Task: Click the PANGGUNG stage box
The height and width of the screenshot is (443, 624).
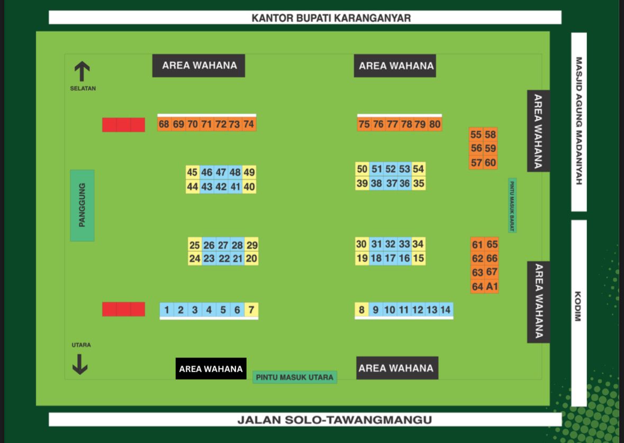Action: point(82,205)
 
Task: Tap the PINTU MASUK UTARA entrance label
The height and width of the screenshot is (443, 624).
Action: point(294,377)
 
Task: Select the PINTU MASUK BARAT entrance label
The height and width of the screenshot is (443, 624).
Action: point(512,205)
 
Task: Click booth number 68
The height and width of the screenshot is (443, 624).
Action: point(164,124)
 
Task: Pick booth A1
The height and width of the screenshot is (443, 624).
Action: point(492,287)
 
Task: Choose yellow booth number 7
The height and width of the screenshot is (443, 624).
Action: point(251,310)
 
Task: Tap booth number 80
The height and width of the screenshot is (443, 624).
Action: point(435,124)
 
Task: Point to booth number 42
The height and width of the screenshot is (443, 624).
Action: point(221,187)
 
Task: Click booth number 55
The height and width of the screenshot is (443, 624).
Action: point(476,134)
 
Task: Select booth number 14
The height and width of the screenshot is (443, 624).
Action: point(446,310)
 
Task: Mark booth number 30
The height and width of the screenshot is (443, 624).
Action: point(361,244)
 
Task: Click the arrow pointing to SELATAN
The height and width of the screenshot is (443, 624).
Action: point(82,71)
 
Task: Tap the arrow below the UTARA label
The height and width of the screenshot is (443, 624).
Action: point(80,364)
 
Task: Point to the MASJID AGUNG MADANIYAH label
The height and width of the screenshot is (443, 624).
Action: point(578,121)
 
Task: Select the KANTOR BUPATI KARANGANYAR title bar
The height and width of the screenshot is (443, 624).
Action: point(305,17)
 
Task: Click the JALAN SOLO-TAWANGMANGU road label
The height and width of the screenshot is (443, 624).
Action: point(305,420)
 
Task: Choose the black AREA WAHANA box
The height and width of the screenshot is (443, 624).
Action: point(211,368)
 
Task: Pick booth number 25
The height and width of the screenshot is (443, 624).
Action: point(195,245)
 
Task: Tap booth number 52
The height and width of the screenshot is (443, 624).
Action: point(391,169)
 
